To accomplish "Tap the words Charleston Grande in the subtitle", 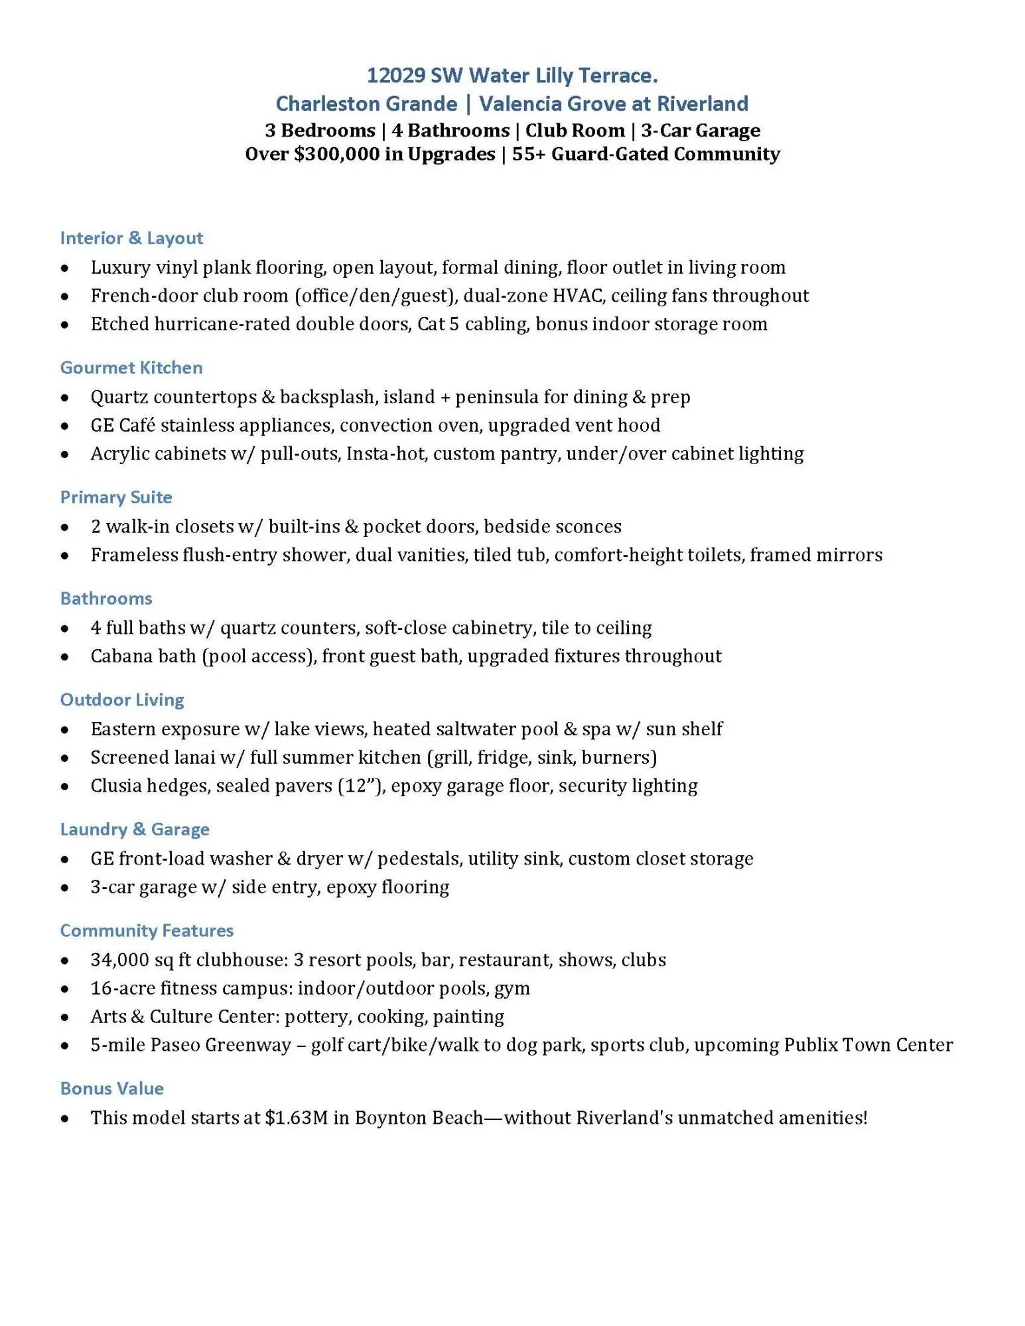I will click(366, 104).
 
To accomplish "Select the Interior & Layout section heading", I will click(131, 238).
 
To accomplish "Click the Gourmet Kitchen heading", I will click(131, 368).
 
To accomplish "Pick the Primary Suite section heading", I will click(116, 497).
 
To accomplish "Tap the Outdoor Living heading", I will click(122, 700).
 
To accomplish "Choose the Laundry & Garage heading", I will click(135, 829).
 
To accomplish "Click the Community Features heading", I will click(147, 931).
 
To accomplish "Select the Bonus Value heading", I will click(111, 1089).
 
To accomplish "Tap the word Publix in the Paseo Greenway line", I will click(810, 1046).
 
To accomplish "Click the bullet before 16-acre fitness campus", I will click(64, 989).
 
